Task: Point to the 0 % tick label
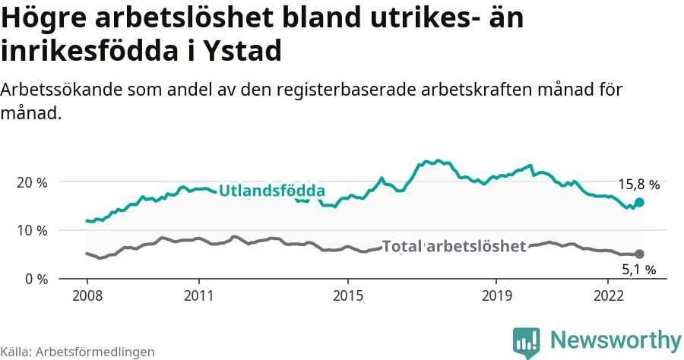coord(36,279)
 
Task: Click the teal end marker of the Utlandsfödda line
coord(639,202)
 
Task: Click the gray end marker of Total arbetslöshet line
coord(639,254)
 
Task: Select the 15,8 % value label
coord(638,185)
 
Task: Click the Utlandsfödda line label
coord(272,191)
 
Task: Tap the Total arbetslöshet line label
coord(454,246)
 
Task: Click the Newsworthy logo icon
coord(527,343)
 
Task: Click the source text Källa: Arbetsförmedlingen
coord(78,352)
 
